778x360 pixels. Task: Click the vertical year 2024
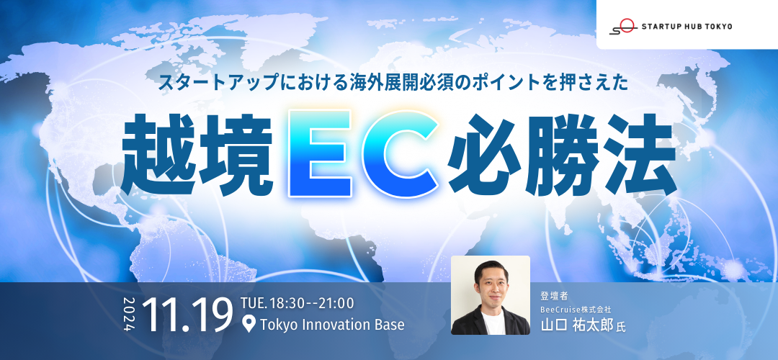130,313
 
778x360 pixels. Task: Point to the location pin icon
250,325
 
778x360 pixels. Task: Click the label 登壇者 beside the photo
553,295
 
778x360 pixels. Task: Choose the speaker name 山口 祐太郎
577,325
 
